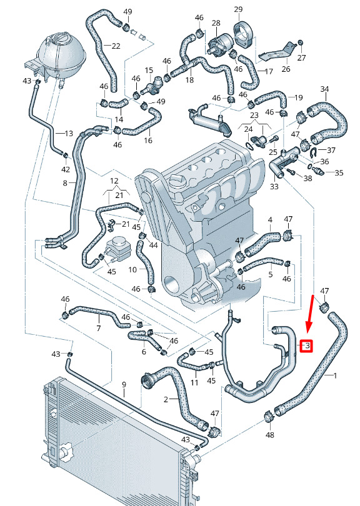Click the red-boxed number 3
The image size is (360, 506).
coord(307,346)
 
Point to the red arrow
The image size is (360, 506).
coord(310,314)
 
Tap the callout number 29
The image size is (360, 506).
coord(238,9)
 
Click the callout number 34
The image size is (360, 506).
coord(324,89)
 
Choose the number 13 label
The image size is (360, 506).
coord(69,133)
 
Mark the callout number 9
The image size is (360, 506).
coord(124,385)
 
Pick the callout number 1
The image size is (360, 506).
coord(335,375)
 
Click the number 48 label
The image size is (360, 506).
coord(269,435)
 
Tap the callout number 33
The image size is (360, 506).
coord(274,186)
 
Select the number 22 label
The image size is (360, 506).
coord(116,46)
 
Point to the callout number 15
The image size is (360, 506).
coord(149,71)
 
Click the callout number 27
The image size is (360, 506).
coord(301,57)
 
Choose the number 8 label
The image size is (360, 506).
coord(65,183)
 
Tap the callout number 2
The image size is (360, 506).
coord(166,400)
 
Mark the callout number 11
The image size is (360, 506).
coord(194,383)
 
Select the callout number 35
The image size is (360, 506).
coord(339,172)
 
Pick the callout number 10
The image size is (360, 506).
coord(132,269)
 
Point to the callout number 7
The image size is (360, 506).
coord(99,328)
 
